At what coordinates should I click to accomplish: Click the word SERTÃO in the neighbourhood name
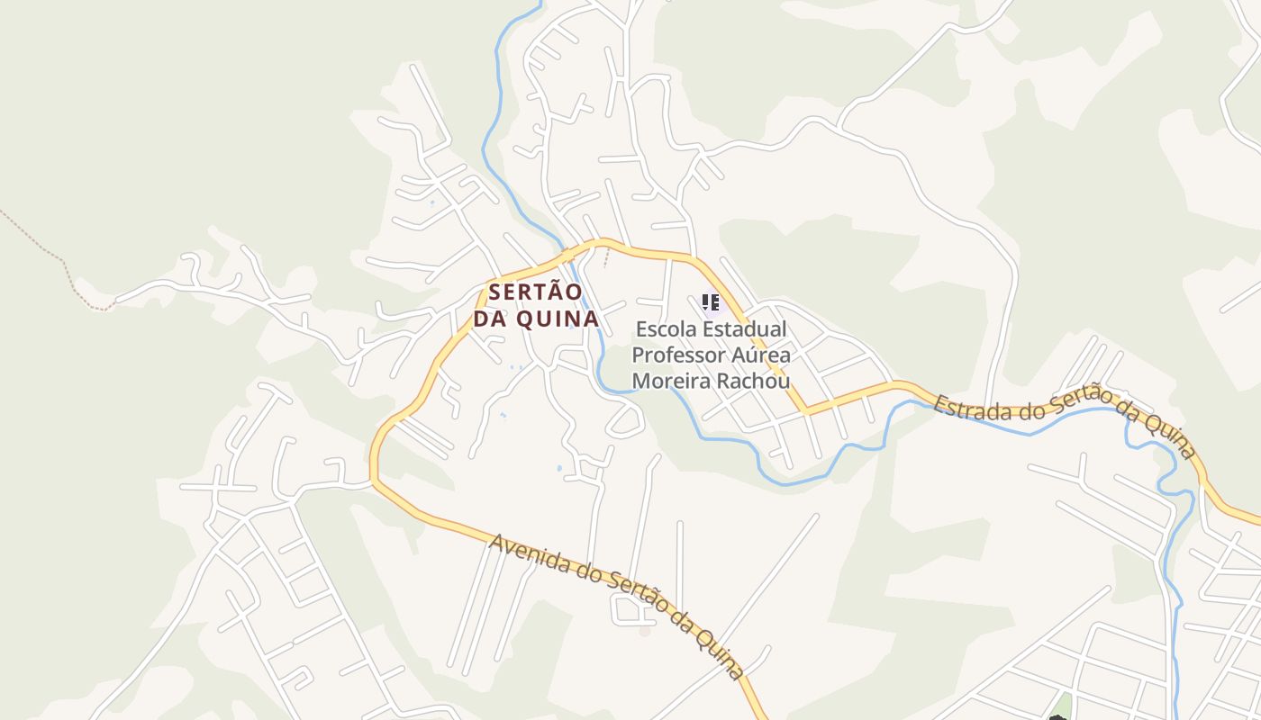pos(536,292)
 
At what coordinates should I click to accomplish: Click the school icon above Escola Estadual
pos(711,302)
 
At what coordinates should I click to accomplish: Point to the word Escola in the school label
pos(666,329)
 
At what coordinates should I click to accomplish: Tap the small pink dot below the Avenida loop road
pos(644,631)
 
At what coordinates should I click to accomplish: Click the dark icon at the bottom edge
pos(1057,716)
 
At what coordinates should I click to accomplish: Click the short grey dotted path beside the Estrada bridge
pos(606,259)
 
